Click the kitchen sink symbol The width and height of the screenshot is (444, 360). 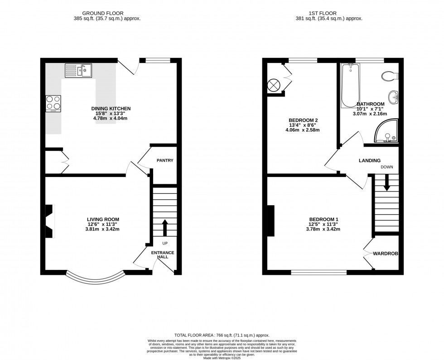pos(78,70)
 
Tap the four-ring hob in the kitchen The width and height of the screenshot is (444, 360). pos(53,104)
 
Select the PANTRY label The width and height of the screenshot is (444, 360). pos(165,160)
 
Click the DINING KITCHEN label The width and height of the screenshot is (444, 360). pos(111,109)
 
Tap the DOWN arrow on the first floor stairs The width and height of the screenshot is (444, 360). pos(387,183)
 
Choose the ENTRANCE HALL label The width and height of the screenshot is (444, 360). pos(162,254)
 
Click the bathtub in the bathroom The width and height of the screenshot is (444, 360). pos(350,85)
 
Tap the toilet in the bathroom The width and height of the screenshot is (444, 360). pos(389,76)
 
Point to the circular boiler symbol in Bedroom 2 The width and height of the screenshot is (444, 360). pos(274,85)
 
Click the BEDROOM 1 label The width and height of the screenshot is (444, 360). pos(323,220)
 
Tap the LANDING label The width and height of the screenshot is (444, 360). pos(369,160)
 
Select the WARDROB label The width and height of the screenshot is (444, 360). pos(385,254)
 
